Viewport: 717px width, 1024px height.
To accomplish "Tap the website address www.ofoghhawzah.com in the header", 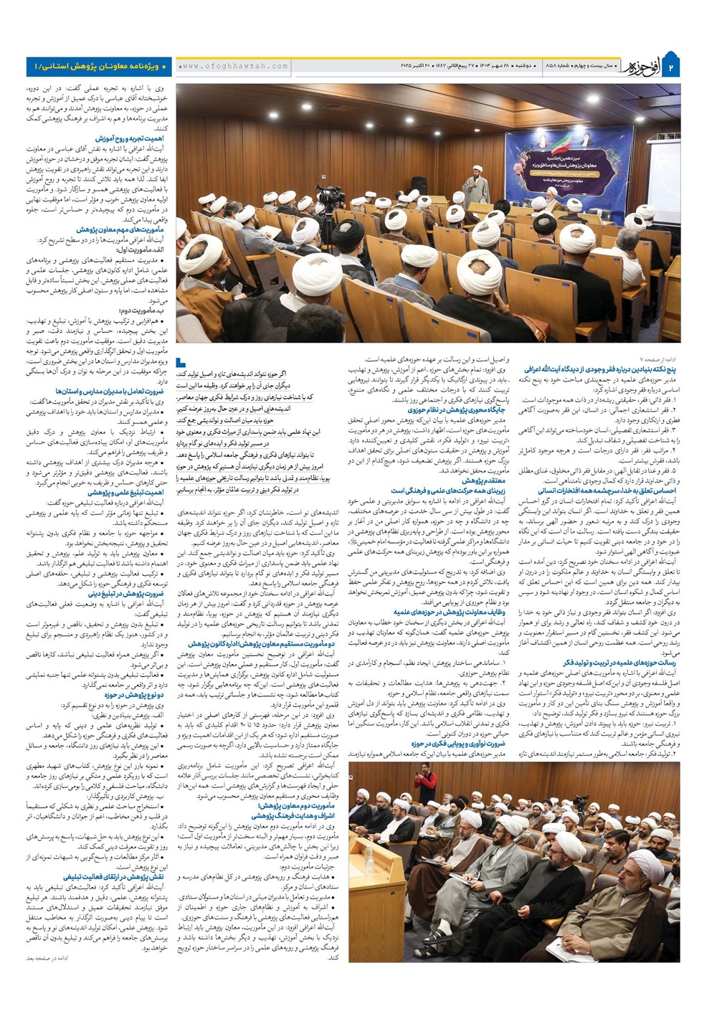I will (234, 66).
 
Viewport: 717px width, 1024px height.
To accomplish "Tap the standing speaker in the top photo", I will (475, 187).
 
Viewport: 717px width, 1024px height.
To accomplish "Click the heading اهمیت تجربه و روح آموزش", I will (128, 138).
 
